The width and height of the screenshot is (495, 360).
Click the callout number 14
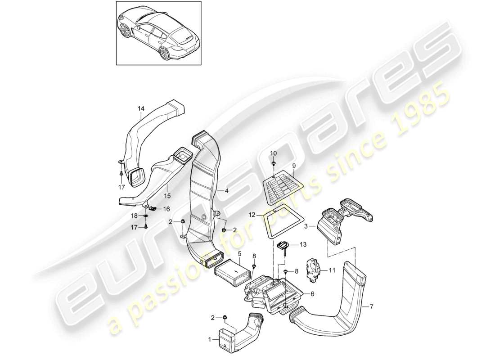coord(141,108)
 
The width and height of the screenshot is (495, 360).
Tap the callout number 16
coord(166,209)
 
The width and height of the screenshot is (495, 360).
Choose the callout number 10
coord(273,154)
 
